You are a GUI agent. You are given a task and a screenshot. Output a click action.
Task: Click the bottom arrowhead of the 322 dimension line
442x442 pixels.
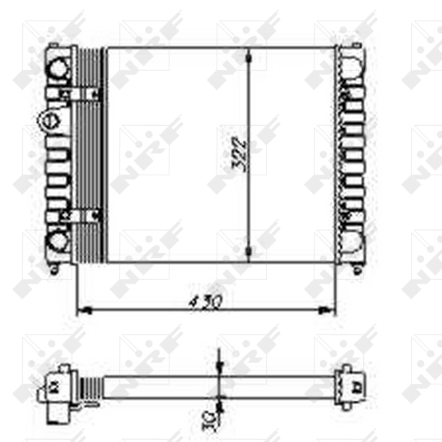pyautogui.click(x=250, y=255)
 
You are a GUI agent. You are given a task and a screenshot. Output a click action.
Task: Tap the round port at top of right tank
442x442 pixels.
pyautogui.click(x=353, y=68)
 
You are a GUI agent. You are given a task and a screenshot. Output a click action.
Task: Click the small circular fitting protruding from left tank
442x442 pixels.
pyautogui.click(x=46, y=119)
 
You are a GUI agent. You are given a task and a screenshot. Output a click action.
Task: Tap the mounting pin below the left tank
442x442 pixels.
pyautogui.click(x=54, y=269)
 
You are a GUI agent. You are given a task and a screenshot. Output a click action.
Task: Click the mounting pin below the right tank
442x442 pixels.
pyautogui.click(x=358, y=269)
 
